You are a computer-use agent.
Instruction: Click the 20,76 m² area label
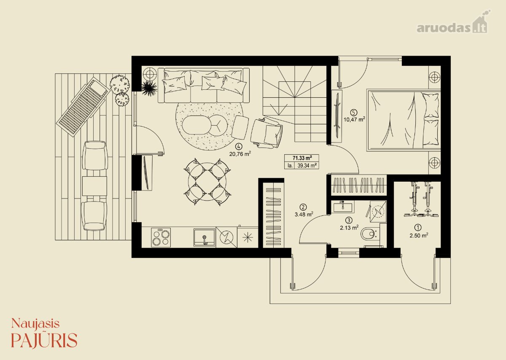(x=240, y=154)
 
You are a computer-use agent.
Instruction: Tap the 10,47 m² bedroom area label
(x=355, y=119)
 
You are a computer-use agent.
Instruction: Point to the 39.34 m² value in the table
(x=307, y=166)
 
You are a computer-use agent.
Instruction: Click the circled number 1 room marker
(x=418, y=227)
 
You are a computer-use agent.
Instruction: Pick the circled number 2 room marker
(x=303, y=207)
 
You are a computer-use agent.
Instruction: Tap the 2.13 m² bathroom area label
(x=349, y=228)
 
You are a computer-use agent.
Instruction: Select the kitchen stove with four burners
(x=161, y=237)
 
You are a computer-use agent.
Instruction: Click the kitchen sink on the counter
(x=204, y=238)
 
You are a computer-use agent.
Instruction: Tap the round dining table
(x=207, y=182)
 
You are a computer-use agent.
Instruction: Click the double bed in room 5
(x=404, y=120)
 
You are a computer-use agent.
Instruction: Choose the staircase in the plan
(x=295, y=104)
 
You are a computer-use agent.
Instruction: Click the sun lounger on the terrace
(x=83, y=107)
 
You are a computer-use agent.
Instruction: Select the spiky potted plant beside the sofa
(x=149, y=88)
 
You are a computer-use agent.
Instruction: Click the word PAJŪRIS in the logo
(x=44, y=340)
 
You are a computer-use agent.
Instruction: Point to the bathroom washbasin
(x=342, y=207)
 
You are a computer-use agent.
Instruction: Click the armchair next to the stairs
(x=266, y=133)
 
